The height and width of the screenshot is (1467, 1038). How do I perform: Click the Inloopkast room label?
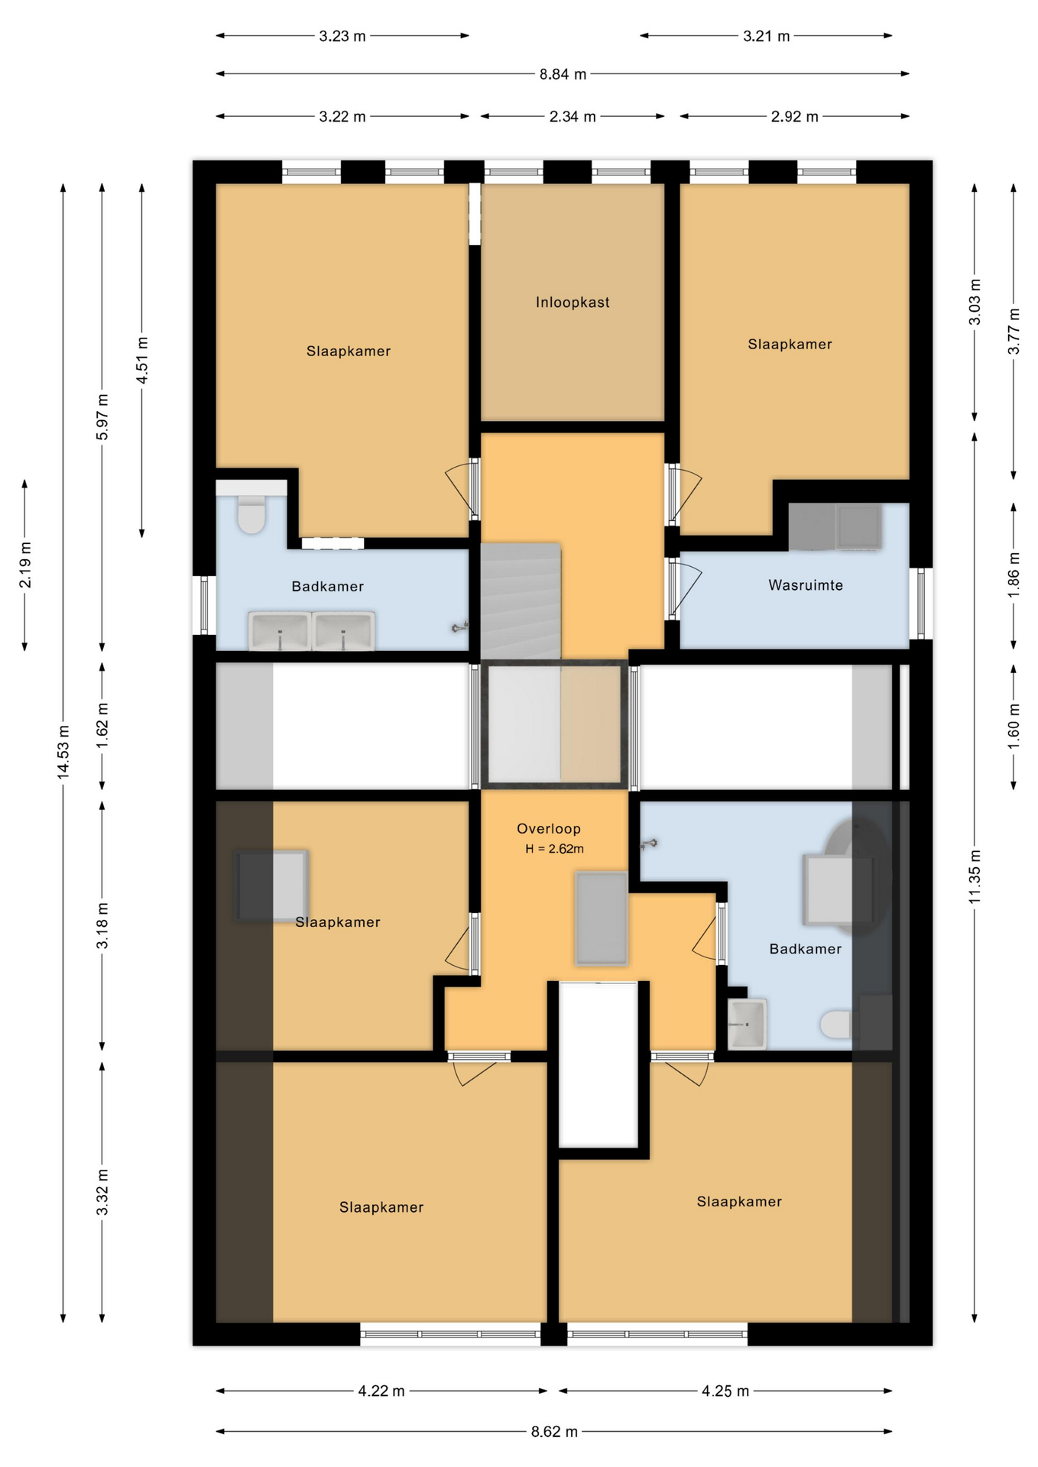[573, 303]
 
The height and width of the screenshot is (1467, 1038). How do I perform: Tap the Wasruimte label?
[806, 585]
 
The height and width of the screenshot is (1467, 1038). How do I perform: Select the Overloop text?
[549, 828]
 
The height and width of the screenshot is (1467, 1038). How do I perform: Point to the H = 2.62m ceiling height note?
[554, 849]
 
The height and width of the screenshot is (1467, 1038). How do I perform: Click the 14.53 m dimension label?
[63, 752]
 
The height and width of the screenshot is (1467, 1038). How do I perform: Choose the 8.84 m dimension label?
[563, 74]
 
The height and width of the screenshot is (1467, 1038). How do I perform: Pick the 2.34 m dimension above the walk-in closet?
[573, 117]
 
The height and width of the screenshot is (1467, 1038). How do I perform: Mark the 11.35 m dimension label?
[975, 876]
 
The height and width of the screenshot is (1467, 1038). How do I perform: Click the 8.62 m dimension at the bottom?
[554, 1431]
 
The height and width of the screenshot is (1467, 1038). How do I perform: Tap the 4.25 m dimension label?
[725, 1391]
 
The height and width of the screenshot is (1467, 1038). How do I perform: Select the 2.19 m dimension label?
[25, 565]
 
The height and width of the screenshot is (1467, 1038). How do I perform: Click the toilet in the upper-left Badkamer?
[251, 513]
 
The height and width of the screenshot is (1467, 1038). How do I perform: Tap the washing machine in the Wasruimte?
[858, 526]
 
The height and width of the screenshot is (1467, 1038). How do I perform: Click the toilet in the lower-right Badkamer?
[837, 1025]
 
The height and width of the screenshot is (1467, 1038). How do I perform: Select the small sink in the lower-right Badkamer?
[746, 1024]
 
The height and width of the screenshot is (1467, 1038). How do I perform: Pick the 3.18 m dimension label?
[102, 925]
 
